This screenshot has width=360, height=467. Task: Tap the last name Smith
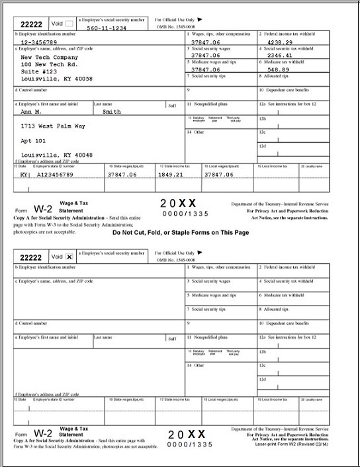click(x=112, y=112)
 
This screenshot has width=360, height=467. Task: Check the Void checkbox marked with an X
click(x=69, y=256)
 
